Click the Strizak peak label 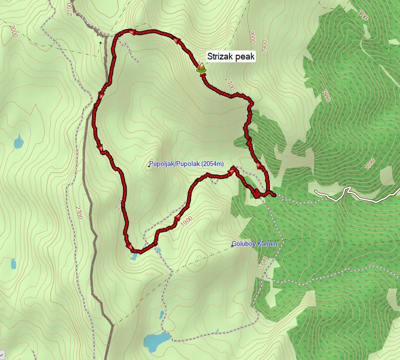click(x=231, y=56)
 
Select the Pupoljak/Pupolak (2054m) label click(x=186, y=164)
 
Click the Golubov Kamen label click(x=255, y=244)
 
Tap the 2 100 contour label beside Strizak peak click(x=230, y=84)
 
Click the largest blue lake click(x=156, y=340)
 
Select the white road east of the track click(x=361, y=195)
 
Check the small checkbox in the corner click(x=2, y=355)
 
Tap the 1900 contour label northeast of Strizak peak click(x=264, y=45)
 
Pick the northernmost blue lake click(x=18, y=141)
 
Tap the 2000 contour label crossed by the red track click(x=119, y=204)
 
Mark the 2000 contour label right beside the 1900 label click(x=252, y=37)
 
